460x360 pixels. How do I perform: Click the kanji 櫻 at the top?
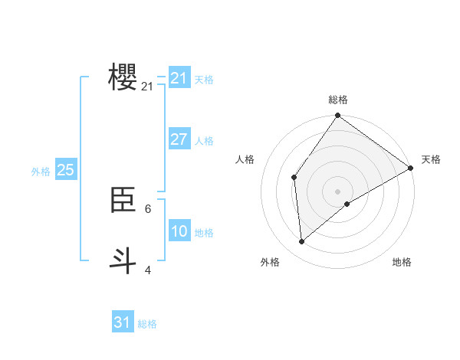click(123, 77)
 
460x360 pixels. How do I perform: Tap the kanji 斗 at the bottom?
click(123, 260)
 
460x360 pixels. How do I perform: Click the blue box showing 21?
click(179, 78)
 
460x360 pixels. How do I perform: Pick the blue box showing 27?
click(179, 139)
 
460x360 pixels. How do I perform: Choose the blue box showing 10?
click(179, 231)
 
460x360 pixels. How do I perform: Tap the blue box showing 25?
click(65, 170)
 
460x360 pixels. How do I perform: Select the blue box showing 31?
click(122, 322)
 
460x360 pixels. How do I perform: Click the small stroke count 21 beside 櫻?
click(147, 87)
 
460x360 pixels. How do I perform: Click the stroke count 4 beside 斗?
click(147, 270)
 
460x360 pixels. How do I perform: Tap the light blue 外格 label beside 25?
click(41, 172)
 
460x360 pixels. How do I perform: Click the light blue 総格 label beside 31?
click(147, 324)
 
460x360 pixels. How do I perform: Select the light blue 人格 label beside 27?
click(204, 141)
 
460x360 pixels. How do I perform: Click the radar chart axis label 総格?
click(338, 100)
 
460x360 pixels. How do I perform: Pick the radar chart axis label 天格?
click(431, 159)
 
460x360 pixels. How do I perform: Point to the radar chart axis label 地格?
click(402, 262)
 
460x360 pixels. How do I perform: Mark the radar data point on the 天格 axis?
click(411, 168)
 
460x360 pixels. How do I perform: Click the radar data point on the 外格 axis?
click(302, 241)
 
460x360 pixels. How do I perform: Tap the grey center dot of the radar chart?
click(337, 191)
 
